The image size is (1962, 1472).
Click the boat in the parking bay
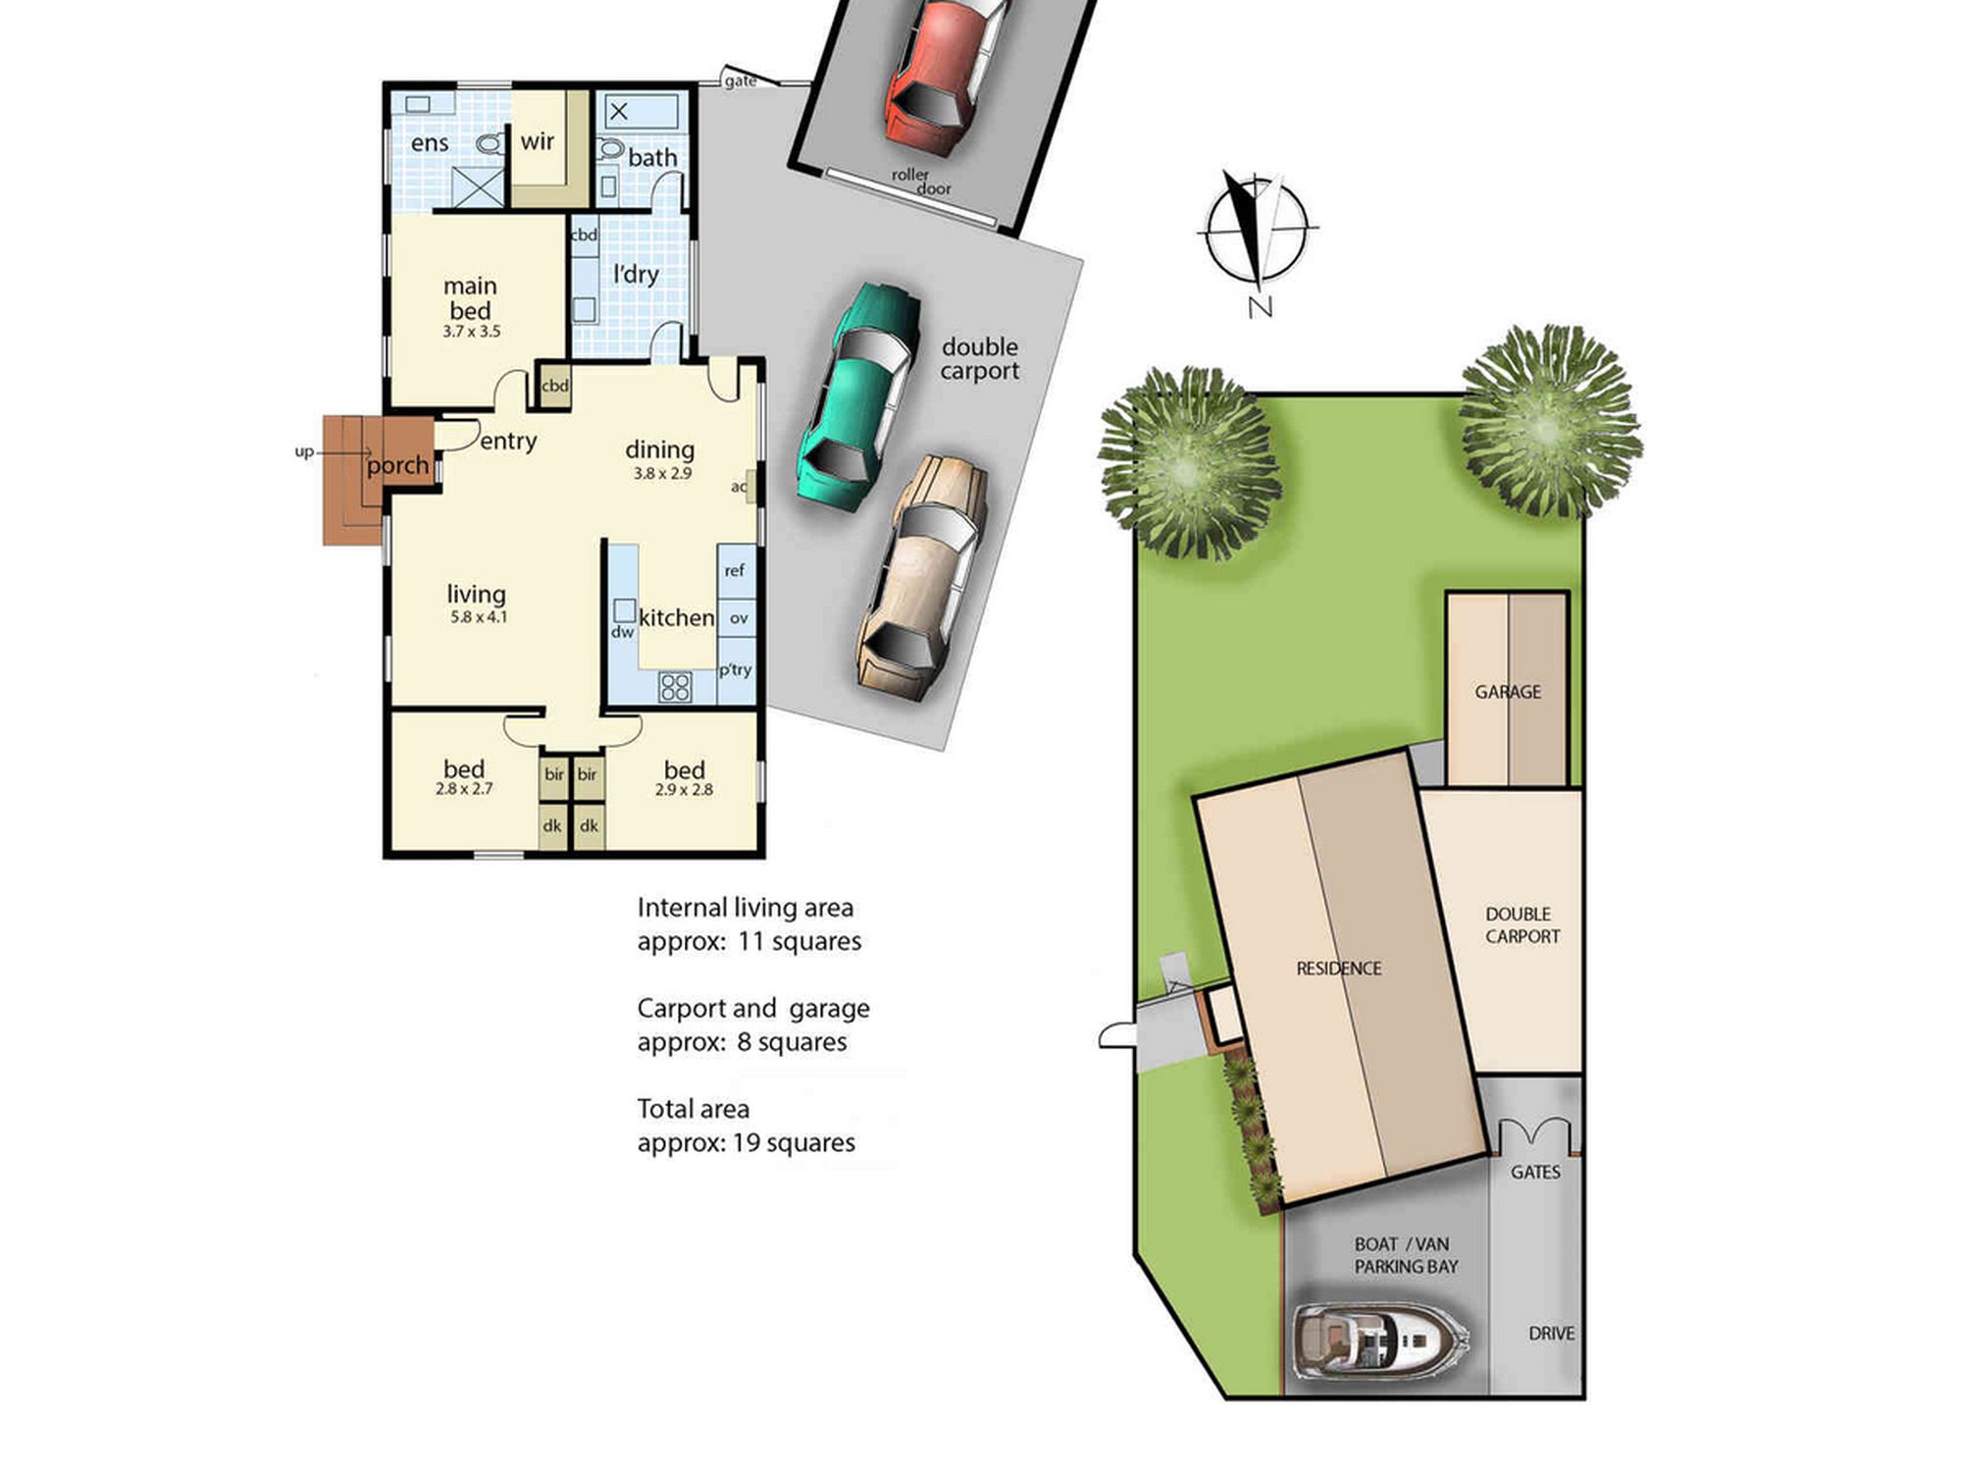coord(1381,1339)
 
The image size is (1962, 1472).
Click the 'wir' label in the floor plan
coord(538,141)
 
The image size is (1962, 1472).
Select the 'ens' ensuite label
coord(430,143)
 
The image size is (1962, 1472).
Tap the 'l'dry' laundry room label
coord(636,274)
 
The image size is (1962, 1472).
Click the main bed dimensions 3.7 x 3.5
coord(471,332)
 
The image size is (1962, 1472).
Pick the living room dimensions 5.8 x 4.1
coord(478,617)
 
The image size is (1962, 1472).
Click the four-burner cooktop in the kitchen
coord(675,686)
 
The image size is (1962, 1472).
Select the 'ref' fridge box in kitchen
coord(736,571)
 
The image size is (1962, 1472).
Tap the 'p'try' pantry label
coord(735,670)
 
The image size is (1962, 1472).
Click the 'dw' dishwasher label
coord(623,633)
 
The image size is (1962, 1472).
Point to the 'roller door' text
coord(921,181)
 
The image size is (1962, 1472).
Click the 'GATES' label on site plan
coord(1535,1172)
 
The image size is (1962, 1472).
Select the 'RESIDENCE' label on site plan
coord(1339,969)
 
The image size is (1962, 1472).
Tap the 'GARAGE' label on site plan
coord(1508,692)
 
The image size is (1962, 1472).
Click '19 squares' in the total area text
coord(794,1142)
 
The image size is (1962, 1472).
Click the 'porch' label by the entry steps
coord(397,465)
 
